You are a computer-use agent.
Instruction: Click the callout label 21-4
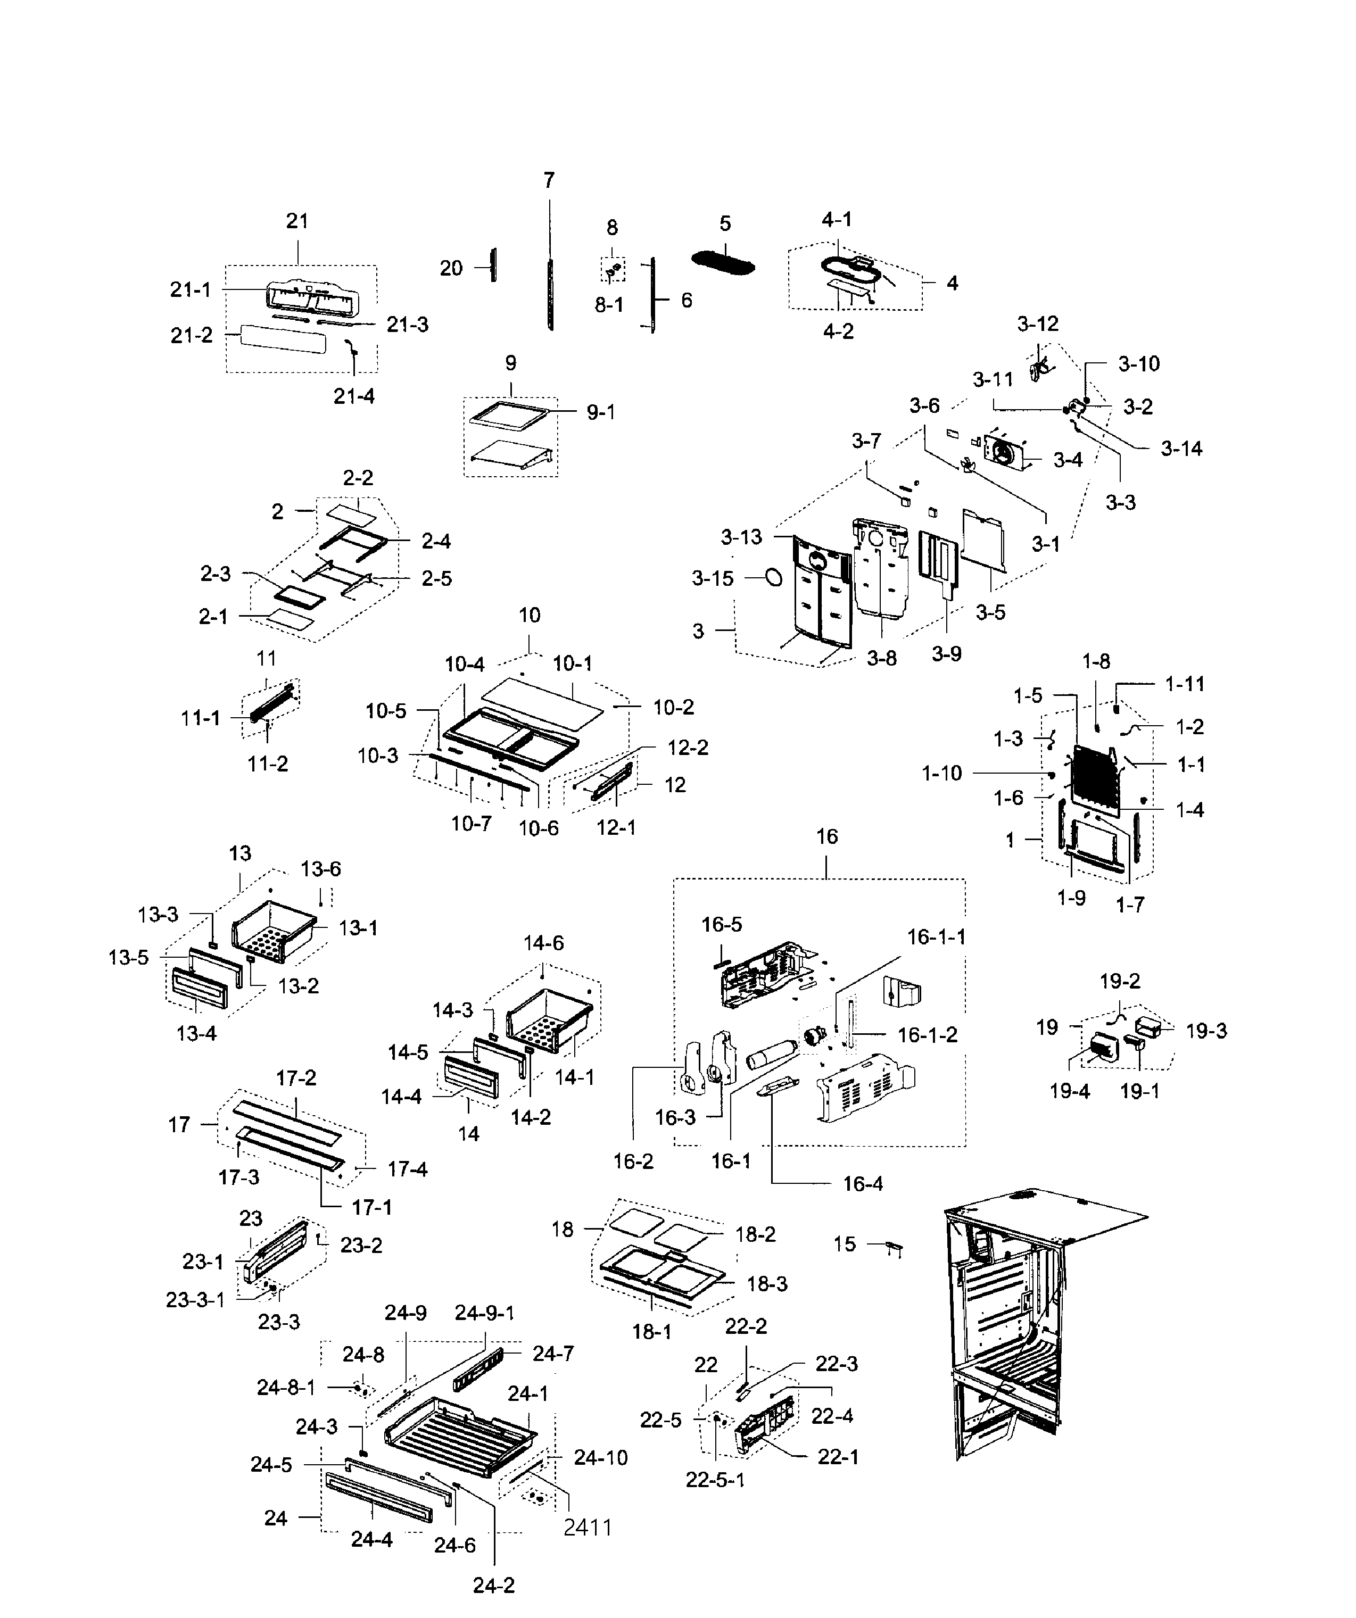coord(354,396)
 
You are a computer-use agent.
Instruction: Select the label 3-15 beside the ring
coord(713,578)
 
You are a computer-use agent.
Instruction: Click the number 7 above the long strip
coord(549,180)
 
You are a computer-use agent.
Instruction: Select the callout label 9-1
coord(601,413)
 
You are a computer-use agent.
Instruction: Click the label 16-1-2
coord(928,1035)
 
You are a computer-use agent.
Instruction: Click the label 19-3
coord(1206,1031)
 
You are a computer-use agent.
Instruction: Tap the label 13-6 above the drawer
coord(320,869)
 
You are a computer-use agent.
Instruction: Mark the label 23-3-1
coord(196,1300)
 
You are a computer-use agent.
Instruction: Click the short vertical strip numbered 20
coord(493,265)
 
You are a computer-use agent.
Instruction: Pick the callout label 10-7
coord(471,824)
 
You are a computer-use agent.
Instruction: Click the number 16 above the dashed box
coord(826,837)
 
